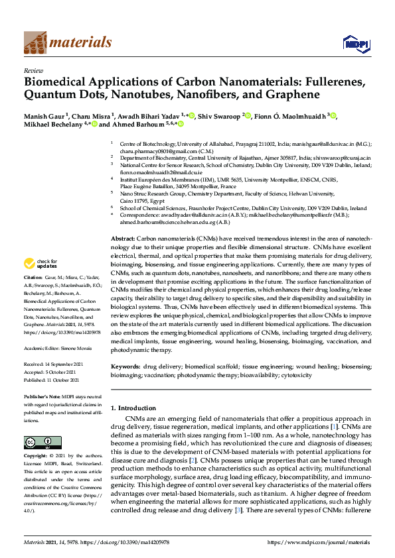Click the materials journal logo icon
click(x=35, y=43)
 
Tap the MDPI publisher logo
click(x=356, y=44)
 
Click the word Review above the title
click(x=33, y=70)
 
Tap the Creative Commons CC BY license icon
click(x=38, y=441)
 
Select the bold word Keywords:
click(x=125, y=366)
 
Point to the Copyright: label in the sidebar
click(x=39, y=457)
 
